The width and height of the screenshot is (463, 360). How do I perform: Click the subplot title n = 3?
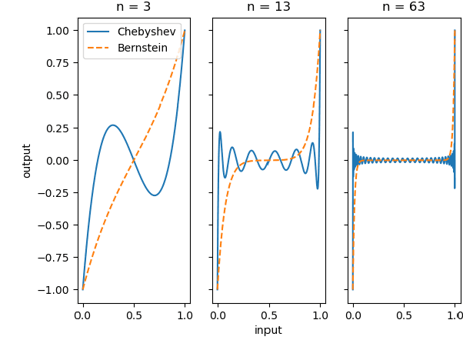134,8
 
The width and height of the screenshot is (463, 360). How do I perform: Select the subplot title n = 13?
268,8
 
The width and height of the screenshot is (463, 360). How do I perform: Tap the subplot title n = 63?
404,8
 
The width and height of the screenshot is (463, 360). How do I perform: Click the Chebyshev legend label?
146,32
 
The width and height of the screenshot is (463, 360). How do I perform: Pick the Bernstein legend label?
143,48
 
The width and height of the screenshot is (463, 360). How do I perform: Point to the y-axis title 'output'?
27,160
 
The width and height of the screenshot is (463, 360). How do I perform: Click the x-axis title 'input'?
268,330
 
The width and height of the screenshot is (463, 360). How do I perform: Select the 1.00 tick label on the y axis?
58,31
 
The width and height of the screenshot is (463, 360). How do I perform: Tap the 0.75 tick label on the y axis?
58,63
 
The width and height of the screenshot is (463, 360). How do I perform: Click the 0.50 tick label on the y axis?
58,95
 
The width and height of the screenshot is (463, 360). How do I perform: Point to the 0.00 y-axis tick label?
58,160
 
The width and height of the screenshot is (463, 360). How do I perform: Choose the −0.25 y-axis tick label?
55,193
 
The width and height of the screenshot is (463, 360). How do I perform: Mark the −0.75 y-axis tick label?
55,258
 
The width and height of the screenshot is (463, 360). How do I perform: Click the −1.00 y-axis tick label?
55,290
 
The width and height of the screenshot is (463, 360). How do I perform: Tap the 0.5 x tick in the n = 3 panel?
134,315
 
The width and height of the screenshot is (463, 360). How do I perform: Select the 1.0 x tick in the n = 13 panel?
320,315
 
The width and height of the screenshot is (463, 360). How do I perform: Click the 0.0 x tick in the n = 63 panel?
353,315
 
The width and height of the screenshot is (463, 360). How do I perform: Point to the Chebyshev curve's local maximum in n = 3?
113,125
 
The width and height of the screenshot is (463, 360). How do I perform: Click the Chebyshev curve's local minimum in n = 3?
155,195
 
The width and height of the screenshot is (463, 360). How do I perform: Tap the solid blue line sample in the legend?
98,32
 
